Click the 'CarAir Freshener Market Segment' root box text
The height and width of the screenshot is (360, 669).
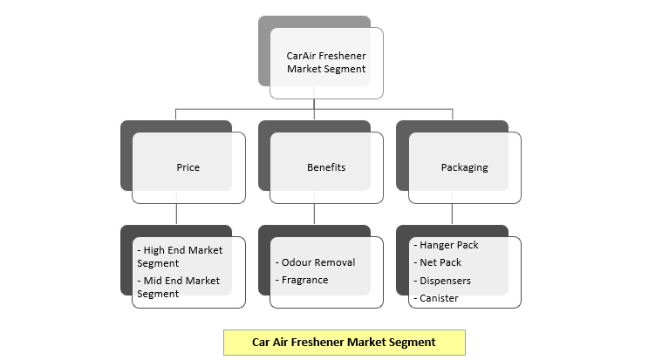(326, 62)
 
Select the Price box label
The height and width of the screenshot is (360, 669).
(188, 167)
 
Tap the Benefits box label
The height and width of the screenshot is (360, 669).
(326, 167)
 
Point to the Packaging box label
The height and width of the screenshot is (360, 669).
(465, 167)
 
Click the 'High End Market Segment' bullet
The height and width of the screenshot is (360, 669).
(180, 256)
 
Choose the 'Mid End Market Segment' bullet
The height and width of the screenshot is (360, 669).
(178, 287)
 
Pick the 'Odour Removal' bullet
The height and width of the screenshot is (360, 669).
(315, 262)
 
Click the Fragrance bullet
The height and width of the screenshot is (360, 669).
(302, 280)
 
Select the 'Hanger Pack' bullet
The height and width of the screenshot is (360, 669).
(446, 245)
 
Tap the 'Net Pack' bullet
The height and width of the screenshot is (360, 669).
(437, 262)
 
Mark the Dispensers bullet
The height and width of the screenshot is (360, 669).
(442, 281)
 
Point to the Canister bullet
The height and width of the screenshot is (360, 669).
(435, 298)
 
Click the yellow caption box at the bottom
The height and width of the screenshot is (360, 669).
(345, 343)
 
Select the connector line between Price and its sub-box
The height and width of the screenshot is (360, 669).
(176, 214)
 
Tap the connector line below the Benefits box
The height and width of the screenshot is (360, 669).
(315, 214)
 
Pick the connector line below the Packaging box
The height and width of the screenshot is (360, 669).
(453, 214)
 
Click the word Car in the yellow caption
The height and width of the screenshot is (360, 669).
(261, 342)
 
